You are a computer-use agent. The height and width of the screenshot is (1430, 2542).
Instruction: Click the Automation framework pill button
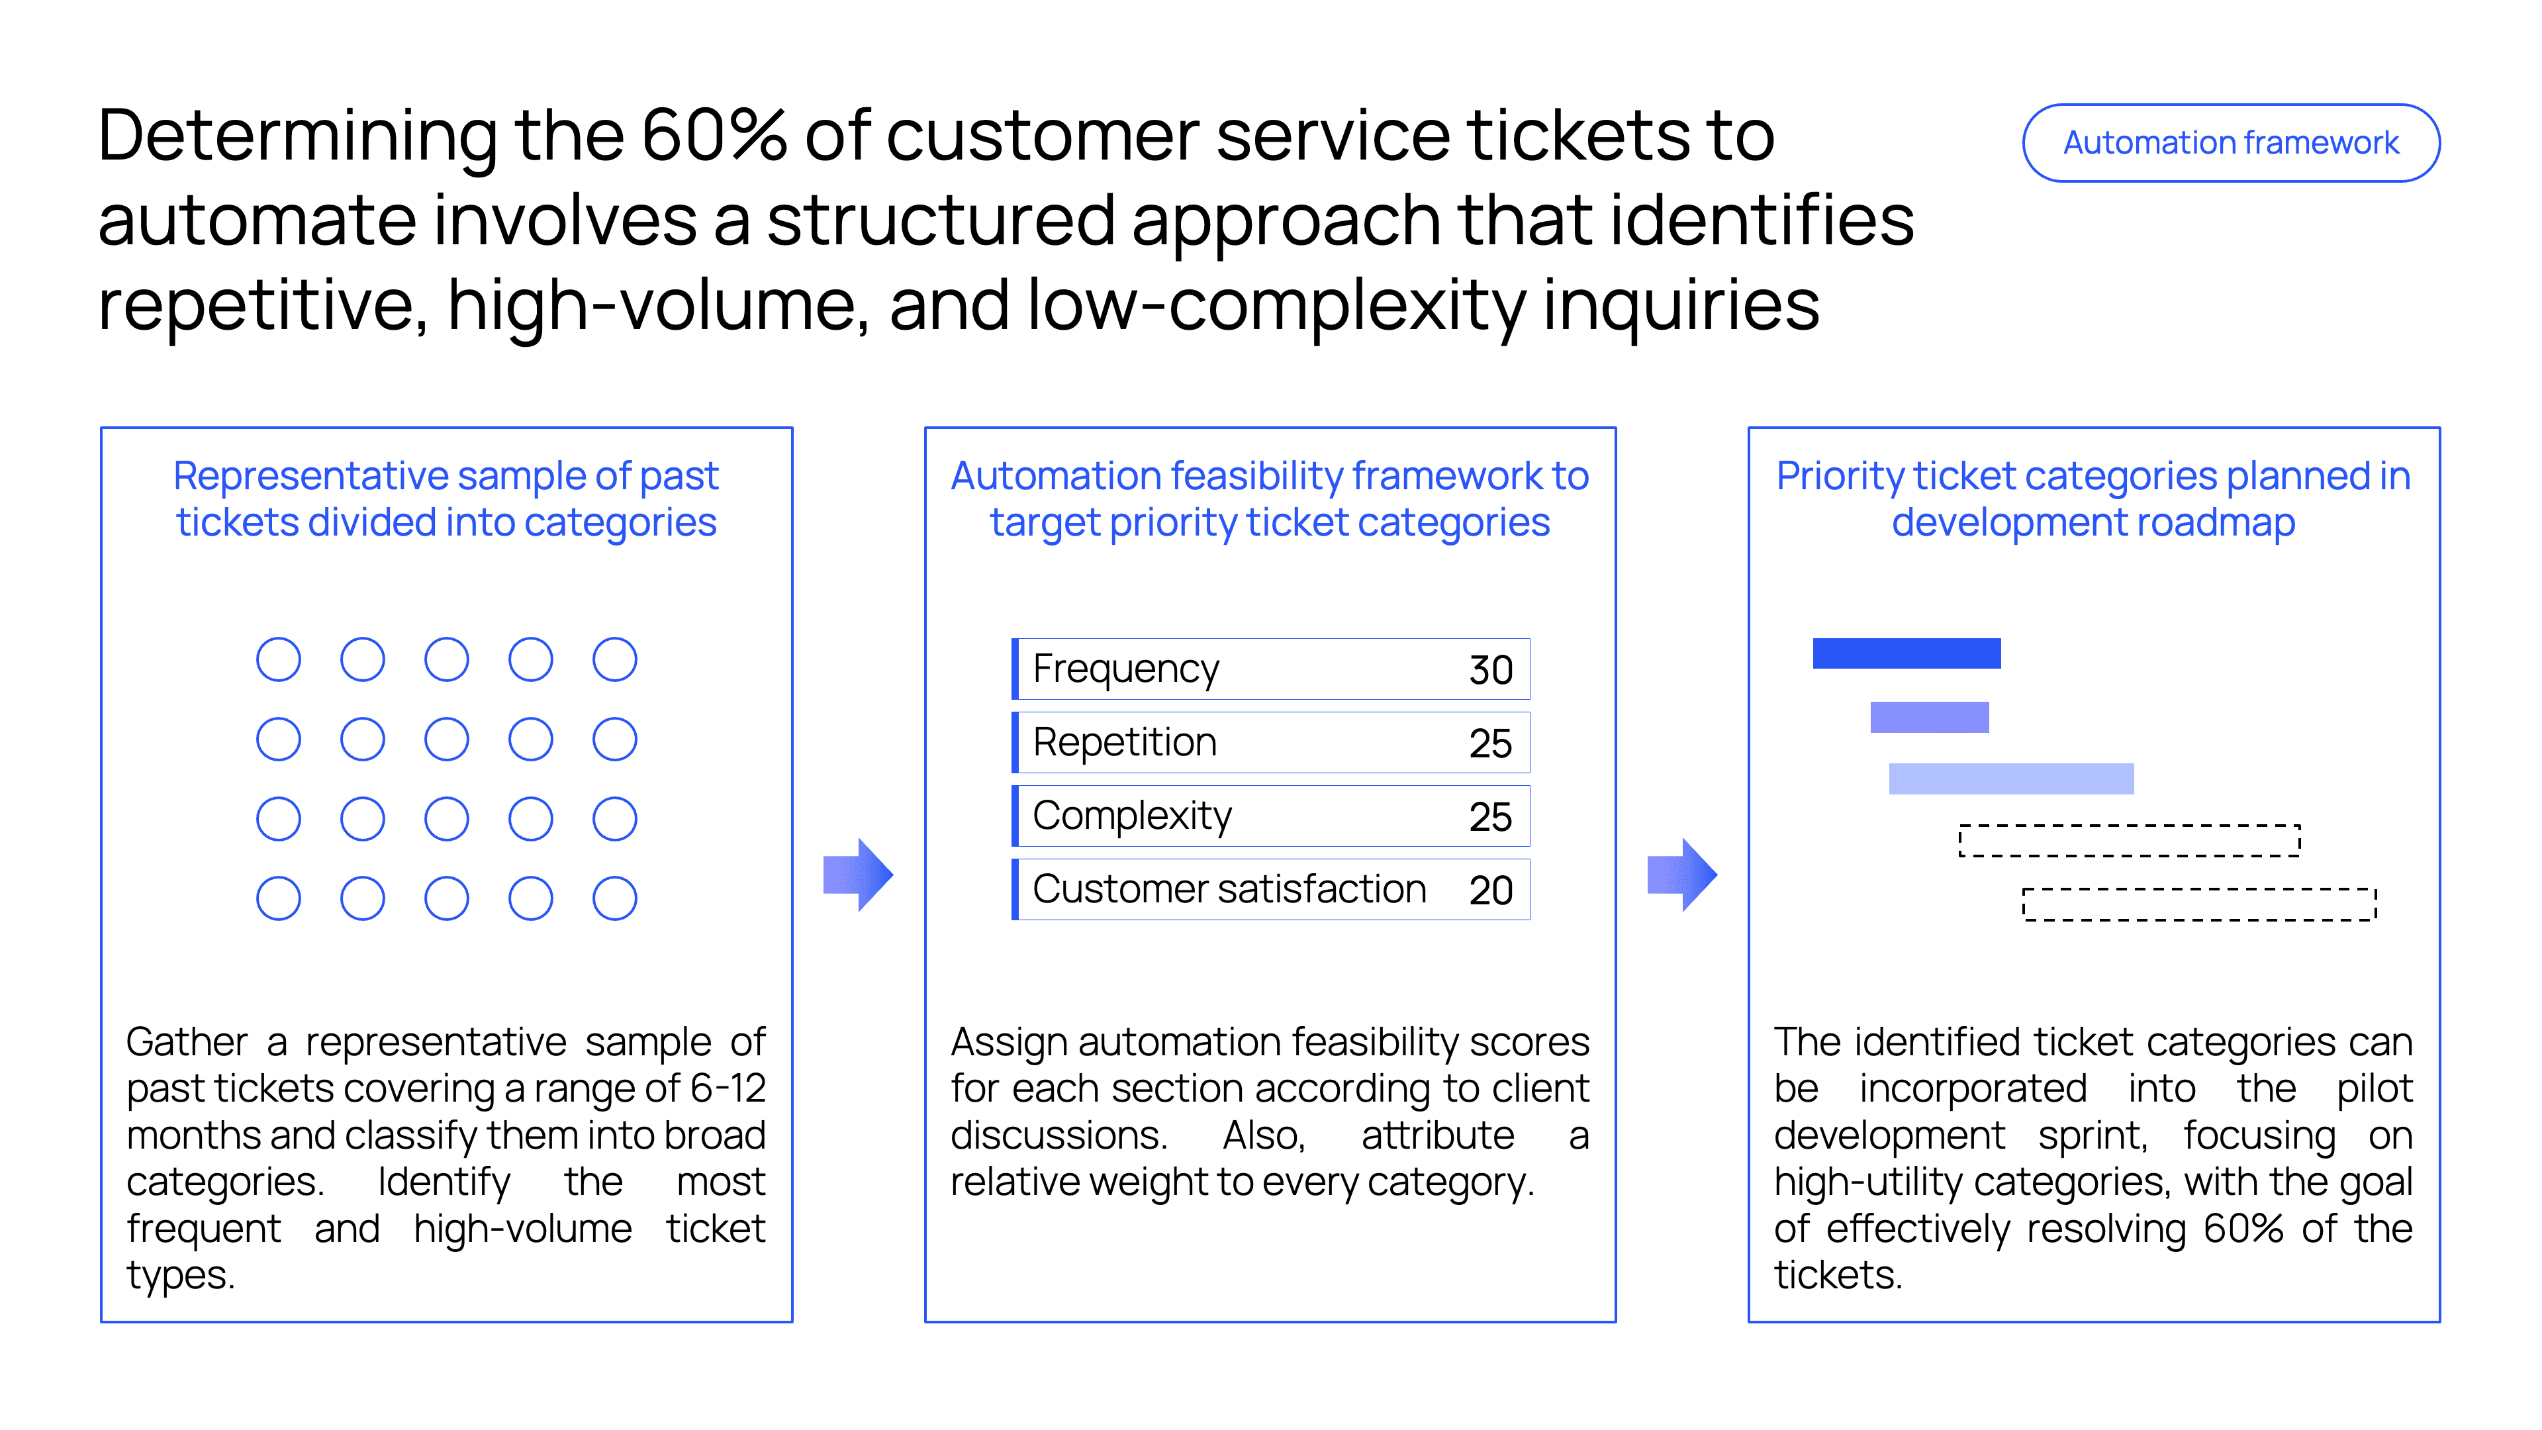2230,143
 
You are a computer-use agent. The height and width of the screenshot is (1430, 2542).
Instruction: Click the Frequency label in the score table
1125,669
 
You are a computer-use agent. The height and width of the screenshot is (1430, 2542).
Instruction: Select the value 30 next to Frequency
1490,670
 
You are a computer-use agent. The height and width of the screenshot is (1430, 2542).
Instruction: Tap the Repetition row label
1124,742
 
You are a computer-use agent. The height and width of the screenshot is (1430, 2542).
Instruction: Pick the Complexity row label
1132,816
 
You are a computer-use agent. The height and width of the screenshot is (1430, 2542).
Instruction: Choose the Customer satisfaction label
1229,889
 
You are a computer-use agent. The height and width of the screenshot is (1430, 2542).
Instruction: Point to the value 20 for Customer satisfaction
1490,890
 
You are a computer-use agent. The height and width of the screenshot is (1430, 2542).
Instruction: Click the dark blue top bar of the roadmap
1906,653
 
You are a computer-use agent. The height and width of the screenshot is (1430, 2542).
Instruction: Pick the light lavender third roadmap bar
2010,779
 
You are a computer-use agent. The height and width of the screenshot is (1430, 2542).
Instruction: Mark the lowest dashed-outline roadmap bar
2198,904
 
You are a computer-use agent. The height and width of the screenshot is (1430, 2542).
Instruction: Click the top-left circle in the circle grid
278,659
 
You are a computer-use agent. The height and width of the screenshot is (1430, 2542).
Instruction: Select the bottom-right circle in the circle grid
614,898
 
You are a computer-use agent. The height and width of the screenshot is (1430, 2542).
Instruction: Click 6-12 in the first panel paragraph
728,1088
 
